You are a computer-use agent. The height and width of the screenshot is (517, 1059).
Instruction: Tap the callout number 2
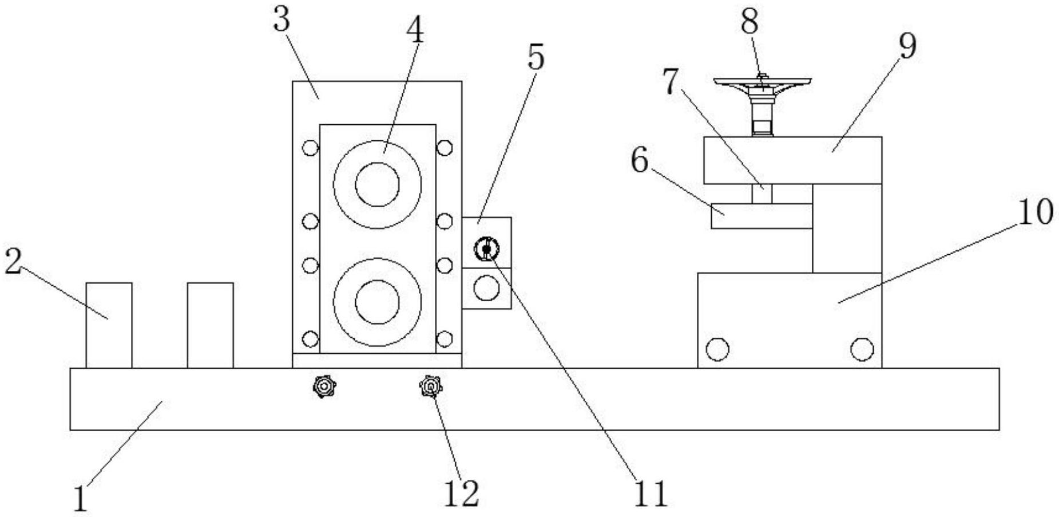pyautogui.click(x=13, y=262)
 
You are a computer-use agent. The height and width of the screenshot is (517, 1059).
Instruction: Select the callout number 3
pyautogui.click(x=281, y=20)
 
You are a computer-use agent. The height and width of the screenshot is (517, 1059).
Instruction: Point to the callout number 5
pyautogui.click(x=535, y=57)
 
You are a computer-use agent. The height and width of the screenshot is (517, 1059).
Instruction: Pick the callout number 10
pyautogui.click(x=1035, y=212)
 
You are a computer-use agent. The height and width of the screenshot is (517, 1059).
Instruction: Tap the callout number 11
pyautogui.click(x=651, y=494)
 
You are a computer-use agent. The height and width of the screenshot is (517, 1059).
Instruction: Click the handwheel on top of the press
pyautogui.click(x=763, y=83)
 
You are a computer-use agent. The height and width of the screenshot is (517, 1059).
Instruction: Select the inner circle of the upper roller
pyautogui.click(x=377, y=184)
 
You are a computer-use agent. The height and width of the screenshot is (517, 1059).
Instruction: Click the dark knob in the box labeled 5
pyautogui.click(x=486, y=249)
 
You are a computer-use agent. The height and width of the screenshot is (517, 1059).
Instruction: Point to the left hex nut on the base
pyautogui.click(x=324, y=387)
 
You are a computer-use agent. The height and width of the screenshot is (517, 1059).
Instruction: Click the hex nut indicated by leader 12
pyautogui.click(x=430, y=388)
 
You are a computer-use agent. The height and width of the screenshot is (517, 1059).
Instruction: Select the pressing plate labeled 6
pyautogui.click(x=761, y=216)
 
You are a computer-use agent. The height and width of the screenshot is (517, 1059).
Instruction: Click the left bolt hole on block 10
pyautogui.click(x=717, y=349)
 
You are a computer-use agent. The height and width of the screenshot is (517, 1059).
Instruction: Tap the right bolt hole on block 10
pyautogui.click(x=862, y=349)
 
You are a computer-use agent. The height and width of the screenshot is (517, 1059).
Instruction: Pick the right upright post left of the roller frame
pyautogui.click(x=210, y=325)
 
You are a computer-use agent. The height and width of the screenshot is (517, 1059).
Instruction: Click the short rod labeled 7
pyautogui.click(x=761, y=194)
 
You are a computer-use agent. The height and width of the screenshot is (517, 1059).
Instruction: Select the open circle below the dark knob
pyautogui.click(x=486, y=288)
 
